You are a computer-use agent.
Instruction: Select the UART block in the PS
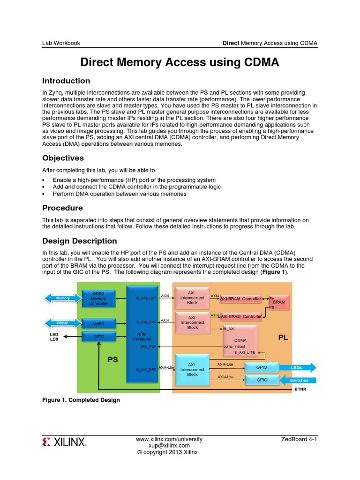pyautogui.click(x=98, y=323)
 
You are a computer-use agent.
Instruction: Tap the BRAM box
pyautogui.click(x=279, y=302)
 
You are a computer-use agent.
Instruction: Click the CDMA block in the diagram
pyautogui.click(x=240, y=340)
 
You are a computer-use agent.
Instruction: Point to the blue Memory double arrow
pyautogui.click(x=63, y=298)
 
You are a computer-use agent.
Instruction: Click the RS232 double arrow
pyautogui.click(x=63, y=323)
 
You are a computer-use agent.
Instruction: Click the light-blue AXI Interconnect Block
pyautogui.click(x=192, y=369)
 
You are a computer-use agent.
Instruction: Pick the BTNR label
pyautogui.click(x=300, y=389)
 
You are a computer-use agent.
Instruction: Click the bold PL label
pyautogui.click(x=283, y=337)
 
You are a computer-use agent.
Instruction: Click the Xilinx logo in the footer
pyautogui.click(x=64, y=442)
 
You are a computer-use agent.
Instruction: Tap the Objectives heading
pyautogui.click(x=63, y=158)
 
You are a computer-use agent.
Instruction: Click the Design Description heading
pyautogui.click(x=80, y=241)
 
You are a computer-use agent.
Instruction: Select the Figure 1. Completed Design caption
pyautogui.click(x=81, y=400)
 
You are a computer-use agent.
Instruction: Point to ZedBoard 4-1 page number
pyautogui.click(x=299, y=439)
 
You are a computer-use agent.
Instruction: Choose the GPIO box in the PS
pyautogui.click(x=98, y=336)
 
